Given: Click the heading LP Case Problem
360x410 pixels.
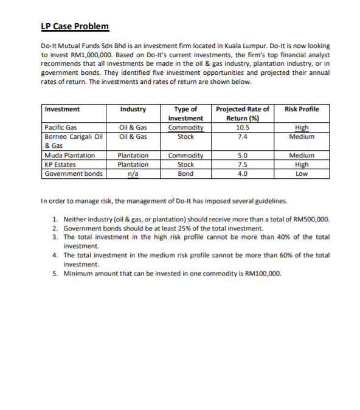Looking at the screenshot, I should [75, 26].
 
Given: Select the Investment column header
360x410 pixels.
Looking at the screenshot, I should [62, 109].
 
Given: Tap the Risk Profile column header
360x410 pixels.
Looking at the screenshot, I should [302, 109].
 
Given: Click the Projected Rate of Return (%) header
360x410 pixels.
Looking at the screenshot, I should [242, 114].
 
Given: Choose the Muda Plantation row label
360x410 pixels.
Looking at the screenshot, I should [69, 155].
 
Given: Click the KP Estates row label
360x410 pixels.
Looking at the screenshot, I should [60, 164].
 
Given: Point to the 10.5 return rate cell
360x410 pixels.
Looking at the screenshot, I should [242, 128].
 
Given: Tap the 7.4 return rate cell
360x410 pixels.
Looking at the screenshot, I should [242, 137].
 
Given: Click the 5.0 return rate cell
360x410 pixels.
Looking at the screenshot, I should [242, 155].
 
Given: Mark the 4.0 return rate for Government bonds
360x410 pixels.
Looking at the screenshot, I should [242, 173].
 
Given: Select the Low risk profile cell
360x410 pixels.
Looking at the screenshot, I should [302, 173].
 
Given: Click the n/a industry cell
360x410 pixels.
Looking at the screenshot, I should [133, 173].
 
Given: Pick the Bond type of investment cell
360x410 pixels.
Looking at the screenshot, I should [185, 173].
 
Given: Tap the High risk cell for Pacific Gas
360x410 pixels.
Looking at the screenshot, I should [302, 128].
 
